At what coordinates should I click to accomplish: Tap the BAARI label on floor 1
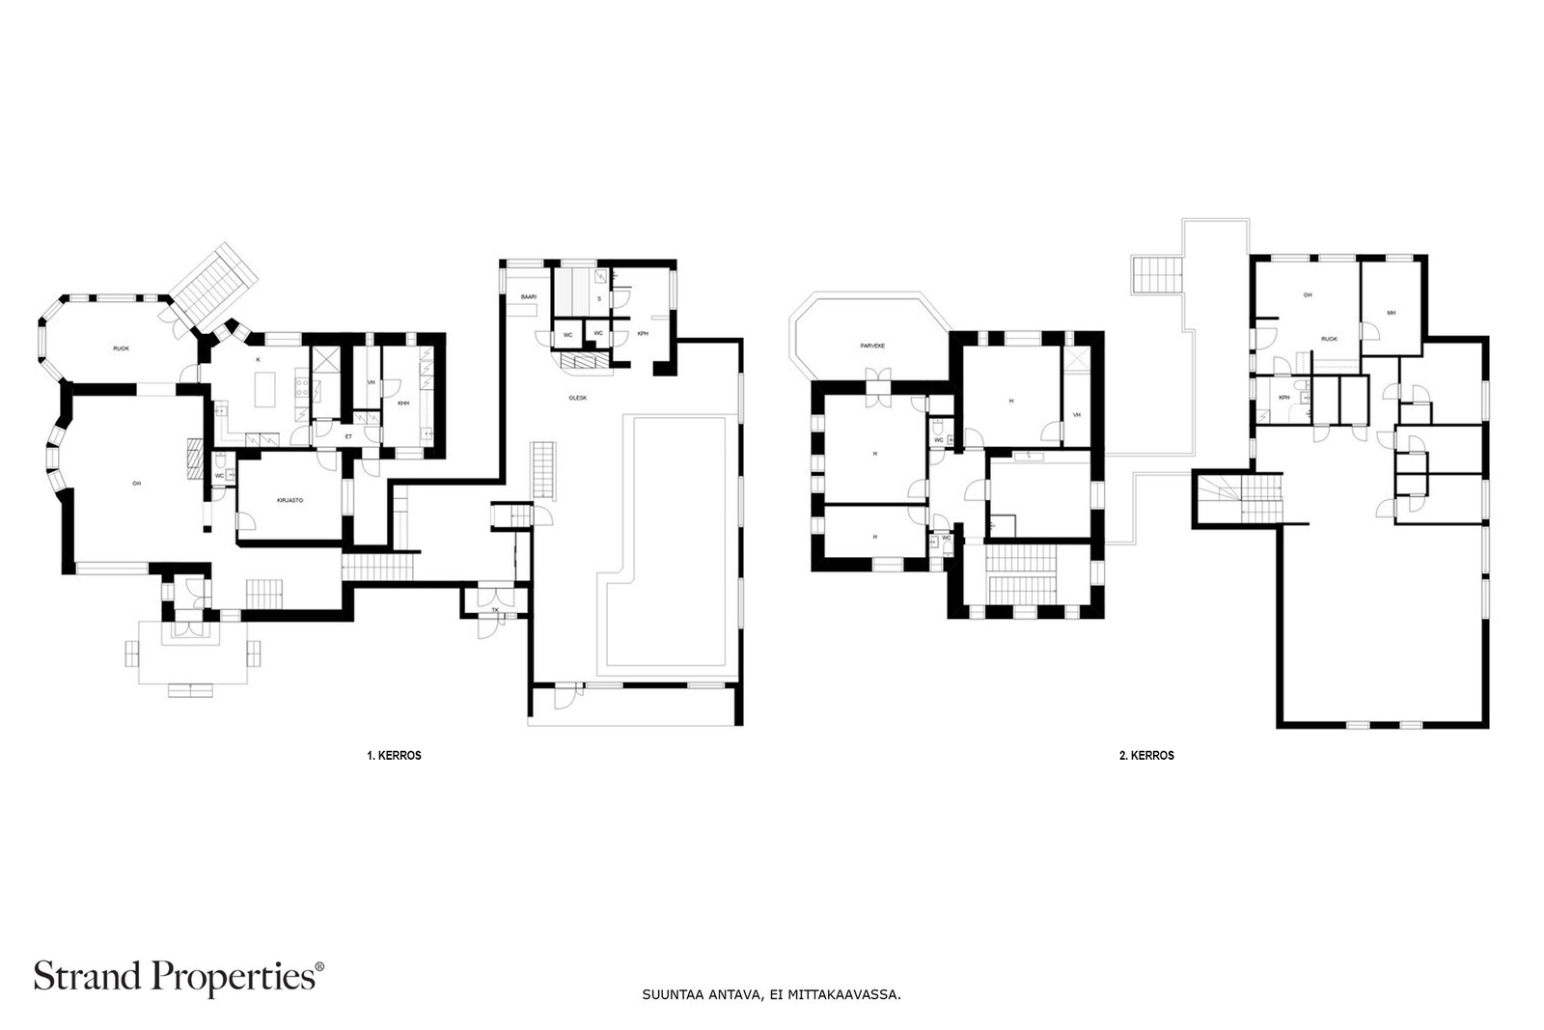tap(529, 297)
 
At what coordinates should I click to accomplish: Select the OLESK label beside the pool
tap(577, 398)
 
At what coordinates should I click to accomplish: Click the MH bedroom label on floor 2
tap(1391, 313)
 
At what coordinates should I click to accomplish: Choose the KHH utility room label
tap(403, 404)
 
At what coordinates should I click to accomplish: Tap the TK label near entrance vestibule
tap(495, 610)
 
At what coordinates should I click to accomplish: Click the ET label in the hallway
tap(348, 436)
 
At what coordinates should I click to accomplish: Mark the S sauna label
tap(599, 299)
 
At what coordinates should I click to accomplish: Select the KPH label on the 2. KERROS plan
tap(1284, 398)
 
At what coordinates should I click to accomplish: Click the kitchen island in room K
tap(264, 391)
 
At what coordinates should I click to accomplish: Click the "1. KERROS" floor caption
tap(394, 756)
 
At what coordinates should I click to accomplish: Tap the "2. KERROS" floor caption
tap(1146, 756)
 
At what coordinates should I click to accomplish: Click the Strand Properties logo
tap(179, 976)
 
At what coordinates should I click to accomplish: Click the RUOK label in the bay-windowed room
tap(122, 348)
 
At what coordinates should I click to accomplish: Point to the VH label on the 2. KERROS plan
tap(1076, 415)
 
